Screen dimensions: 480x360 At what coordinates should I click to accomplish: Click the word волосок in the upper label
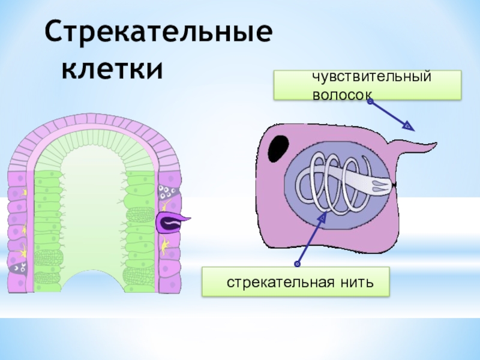tap(341, 95)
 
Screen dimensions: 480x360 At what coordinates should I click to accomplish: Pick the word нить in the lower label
tap(358, 282)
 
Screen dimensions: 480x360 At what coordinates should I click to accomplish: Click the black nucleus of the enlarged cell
tap(278, 148)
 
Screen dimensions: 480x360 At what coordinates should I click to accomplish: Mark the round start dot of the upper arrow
tap(370, 102)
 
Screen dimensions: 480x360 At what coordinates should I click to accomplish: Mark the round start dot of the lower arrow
tap(297, 263)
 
